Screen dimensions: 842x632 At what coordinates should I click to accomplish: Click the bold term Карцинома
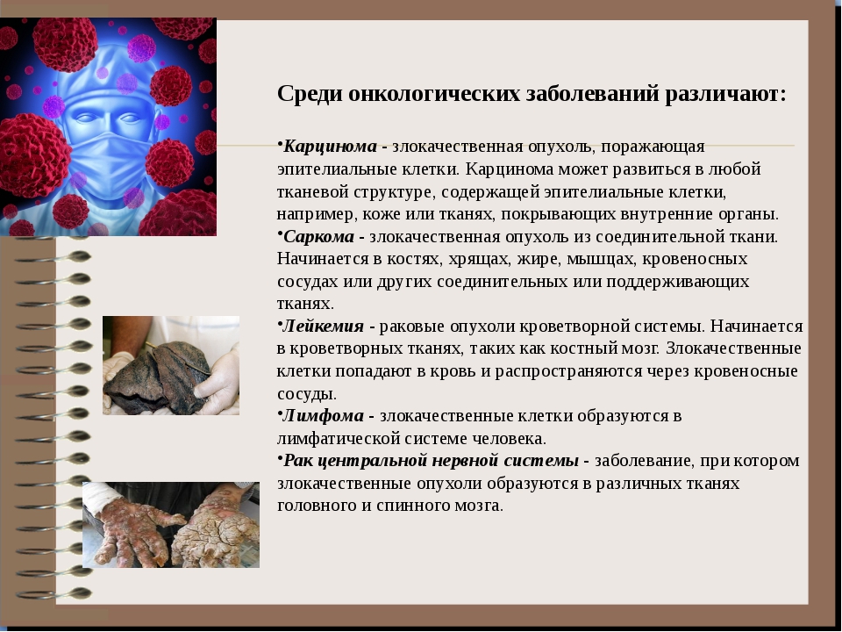[x=330, y=147]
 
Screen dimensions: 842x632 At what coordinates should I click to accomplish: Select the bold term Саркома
[x=318, y=236]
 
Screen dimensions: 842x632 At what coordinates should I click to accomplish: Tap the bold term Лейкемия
[x=323, y=327]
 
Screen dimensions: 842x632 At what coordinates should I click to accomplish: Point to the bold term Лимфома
[x=323, y=415]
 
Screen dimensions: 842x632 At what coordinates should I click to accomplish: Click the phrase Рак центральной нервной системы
[x=431, y=461]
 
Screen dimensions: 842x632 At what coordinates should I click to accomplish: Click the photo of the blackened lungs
[x=171, y=365]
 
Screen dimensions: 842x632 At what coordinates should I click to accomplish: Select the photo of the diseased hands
[x=171, y=525]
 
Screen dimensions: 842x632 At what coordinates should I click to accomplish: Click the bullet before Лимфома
[x=280, y=412]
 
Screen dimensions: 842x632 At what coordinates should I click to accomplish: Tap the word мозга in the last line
[x=475, y=506]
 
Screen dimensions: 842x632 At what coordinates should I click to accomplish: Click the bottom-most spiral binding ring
[x=54, y=593]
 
